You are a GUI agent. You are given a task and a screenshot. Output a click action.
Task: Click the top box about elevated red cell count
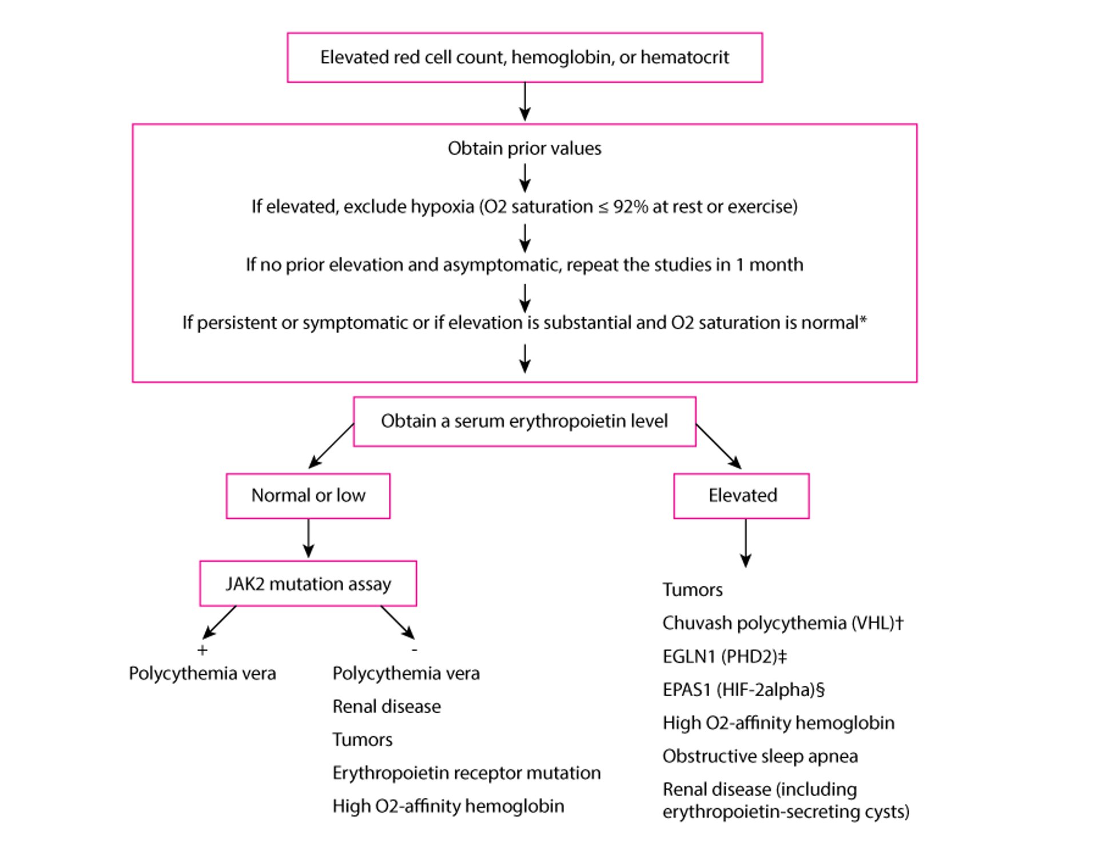pos(524,57)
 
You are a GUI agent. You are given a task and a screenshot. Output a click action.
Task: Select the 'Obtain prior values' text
pos(524,149)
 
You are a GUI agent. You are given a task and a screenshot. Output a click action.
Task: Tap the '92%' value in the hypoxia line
pos(630,206)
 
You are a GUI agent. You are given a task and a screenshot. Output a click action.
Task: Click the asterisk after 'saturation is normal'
pos(864,321)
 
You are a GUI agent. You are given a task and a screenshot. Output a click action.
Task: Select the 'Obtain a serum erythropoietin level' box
pos(524,421)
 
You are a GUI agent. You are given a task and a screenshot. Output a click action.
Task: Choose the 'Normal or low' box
pos(308,496)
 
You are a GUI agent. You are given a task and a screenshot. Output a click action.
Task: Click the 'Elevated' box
pos(742,496)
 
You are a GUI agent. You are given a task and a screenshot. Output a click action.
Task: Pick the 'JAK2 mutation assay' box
pos(308,584)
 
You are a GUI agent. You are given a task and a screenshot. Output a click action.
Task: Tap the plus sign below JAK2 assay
pos(202,650)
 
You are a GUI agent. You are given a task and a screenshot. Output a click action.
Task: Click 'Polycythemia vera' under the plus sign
pos(202,673)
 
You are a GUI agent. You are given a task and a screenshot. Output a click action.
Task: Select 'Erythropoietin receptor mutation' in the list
pos(466,773)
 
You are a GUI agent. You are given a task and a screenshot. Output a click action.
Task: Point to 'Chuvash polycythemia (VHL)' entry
pos(782,623)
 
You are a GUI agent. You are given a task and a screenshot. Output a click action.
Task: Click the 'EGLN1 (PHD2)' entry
pos(724,656)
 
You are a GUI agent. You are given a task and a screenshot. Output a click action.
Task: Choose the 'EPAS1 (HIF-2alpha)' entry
pos(743,690)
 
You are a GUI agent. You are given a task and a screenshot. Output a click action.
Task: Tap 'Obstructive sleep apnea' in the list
pos(760,756)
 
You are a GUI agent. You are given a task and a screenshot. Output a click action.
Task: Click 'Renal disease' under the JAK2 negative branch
pos(387,706)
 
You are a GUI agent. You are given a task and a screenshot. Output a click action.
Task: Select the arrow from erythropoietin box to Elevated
pos(718,446)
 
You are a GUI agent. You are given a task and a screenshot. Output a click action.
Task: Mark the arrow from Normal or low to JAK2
pos(308,538)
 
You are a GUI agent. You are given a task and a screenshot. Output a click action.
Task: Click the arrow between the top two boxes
pos(524,102)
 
